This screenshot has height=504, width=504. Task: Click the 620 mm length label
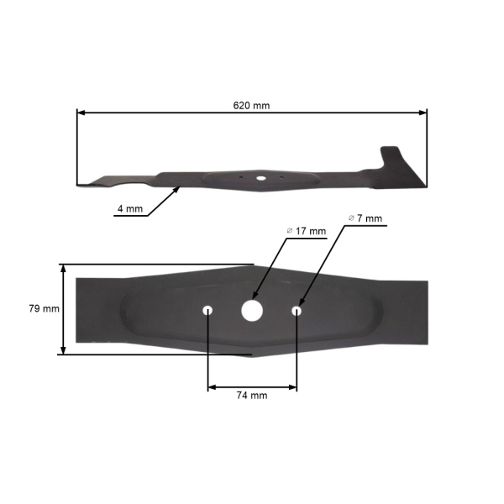click(x=251, y=106)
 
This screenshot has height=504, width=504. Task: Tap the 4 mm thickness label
click(x=129, y=208)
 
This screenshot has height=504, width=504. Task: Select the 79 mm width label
click(x=44, y=308)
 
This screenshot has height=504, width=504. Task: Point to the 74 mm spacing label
click(x=251, y=395)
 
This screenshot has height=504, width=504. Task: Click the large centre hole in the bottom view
click(x=251, y=309)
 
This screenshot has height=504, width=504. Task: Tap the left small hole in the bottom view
click(x=207, y=310)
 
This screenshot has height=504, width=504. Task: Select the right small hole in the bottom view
click(x=296, y=310)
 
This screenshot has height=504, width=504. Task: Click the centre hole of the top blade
click(x=260, y=178)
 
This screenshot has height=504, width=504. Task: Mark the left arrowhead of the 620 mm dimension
click(x=80, y=112)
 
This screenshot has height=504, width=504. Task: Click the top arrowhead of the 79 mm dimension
click(x=63, y=267)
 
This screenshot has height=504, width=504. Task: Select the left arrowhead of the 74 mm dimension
click(x=211, y=386)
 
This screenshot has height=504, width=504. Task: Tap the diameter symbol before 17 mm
click(x=289, y=230)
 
